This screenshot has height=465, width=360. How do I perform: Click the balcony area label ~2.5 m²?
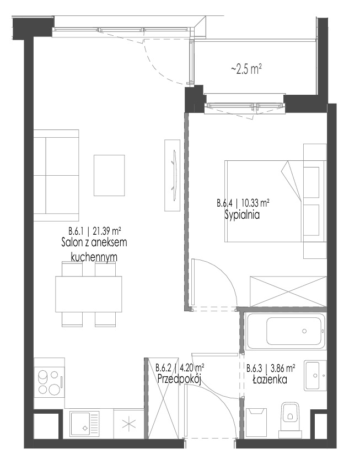pos(246,69)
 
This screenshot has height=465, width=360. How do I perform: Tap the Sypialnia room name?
pos(242,214)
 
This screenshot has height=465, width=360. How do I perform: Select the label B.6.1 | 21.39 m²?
pos(94,230)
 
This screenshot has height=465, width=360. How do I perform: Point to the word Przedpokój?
pos(179,379)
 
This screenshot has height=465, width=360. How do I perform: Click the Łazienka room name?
pos(270,379)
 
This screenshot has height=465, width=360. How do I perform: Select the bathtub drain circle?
pos(304,331)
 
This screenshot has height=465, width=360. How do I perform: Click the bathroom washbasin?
pos(315,375)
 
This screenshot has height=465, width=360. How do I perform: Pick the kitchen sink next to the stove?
pos(84,424)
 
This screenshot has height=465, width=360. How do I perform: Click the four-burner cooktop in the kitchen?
pos(49,382)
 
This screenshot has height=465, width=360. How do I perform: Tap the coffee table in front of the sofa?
pos(109,175)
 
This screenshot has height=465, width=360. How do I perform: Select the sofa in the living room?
pos(56,175)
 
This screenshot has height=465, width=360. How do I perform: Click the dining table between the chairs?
pos(89,294)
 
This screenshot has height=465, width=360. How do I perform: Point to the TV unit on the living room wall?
pos(173,175)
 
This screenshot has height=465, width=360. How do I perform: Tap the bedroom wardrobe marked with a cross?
pos(288,291)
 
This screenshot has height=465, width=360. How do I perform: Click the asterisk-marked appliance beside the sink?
pos(128,424)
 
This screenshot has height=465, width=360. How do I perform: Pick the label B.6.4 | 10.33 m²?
pos(243,203)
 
